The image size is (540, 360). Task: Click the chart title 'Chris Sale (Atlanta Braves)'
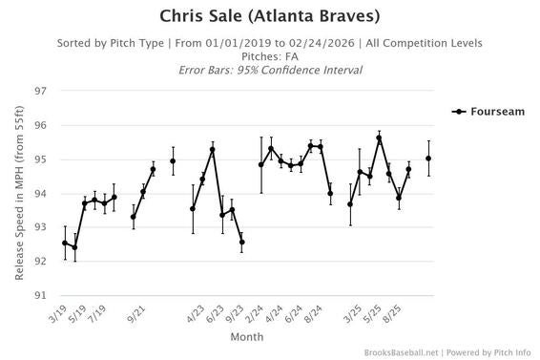point(270,16)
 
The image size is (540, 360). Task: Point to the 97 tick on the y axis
point(40,92)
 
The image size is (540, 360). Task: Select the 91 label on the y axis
point(40,295)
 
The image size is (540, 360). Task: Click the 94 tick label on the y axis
point(40,194)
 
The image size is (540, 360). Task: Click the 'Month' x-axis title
point(246,337)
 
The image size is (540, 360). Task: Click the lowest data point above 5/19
point(74,247)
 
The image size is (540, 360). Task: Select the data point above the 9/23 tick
point(241,242)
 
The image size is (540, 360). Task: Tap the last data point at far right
point(428,159)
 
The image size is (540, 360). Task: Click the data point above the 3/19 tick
point(65,243)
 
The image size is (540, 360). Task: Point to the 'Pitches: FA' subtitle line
point(270,57)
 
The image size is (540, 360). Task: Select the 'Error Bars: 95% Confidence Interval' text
point(270,71)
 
